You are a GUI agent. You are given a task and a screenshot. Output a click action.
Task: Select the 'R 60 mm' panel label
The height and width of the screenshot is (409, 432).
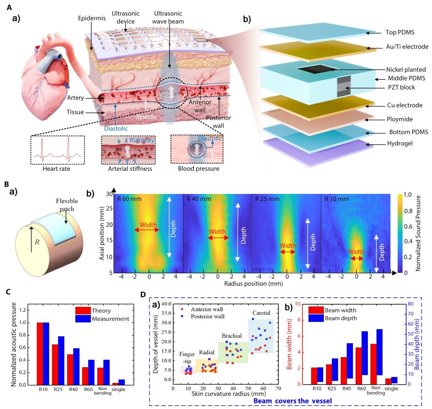[x=129, y=198]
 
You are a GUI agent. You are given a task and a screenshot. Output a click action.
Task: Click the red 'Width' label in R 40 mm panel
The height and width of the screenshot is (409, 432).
[x=217, y=231]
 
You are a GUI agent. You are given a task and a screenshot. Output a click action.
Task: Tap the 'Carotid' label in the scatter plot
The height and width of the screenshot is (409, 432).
[x=262, y=313]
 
